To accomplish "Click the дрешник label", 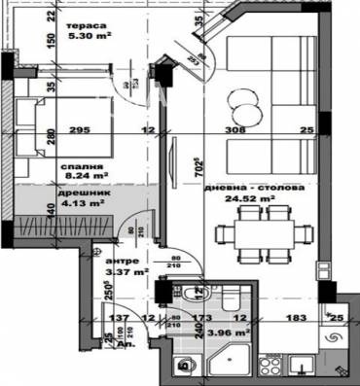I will click(77, 193).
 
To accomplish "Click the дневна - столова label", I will click(246, 187).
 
